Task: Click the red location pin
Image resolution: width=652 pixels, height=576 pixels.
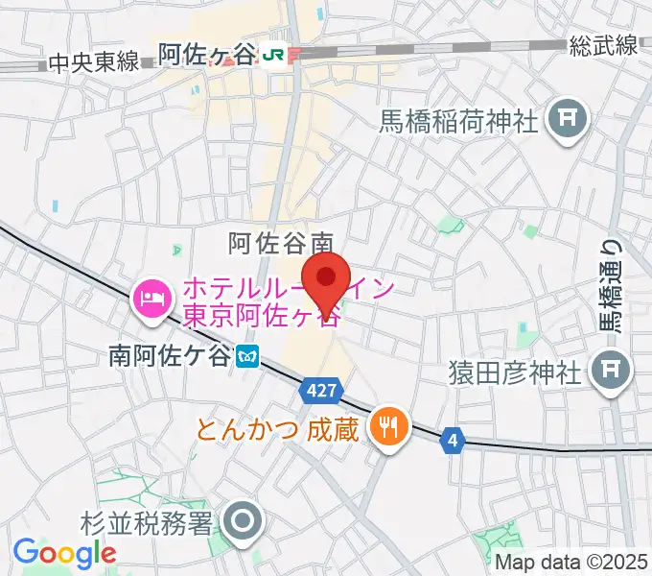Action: [x=326, y=278]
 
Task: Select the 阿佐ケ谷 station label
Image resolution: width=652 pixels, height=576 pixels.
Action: [x=207, y=56]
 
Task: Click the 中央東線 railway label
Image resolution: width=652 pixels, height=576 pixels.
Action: [x=93, y=63]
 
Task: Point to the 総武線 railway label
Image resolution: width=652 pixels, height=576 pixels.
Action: [x=602, y=45]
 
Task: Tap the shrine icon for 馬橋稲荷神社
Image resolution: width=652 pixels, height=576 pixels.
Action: [x=568, y=119]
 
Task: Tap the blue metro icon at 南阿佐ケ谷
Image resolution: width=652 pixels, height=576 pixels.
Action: [x=247, y=357]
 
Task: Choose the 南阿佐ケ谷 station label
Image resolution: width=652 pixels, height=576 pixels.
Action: [x=170, y=357]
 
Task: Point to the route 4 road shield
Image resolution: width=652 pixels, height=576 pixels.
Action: [x=453, y=441]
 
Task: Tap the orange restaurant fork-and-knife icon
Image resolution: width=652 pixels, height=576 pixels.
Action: [x=388, y=423]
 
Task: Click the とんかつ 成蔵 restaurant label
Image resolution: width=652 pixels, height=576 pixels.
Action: [x=277, y=427]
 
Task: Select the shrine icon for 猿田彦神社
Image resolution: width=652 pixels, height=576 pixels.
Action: [x=611, y=370]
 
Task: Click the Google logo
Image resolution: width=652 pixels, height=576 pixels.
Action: [x=64, y=552]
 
